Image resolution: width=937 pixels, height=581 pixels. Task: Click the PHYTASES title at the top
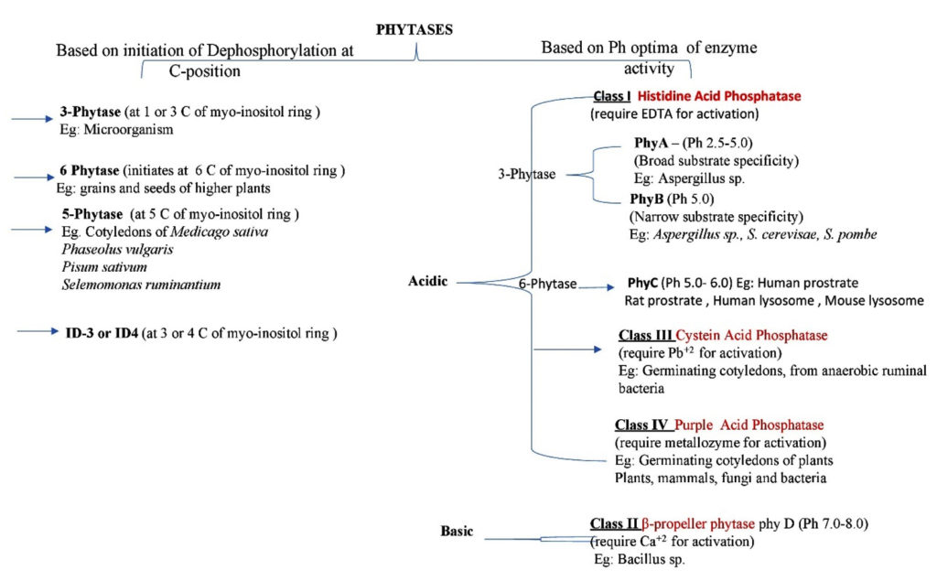415,29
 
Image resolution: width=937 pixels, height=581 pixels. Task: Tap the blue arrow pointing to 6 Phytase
28,174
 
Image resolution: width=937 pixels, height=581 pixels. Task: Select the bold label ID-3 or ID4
114,333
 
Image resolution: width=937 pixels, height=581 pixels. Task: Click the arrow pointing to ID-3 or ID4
39,334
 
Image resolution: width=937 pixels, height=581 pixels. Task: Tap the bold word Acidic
427,281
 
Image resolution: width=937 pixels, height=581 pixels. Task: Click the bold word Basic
457,531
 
